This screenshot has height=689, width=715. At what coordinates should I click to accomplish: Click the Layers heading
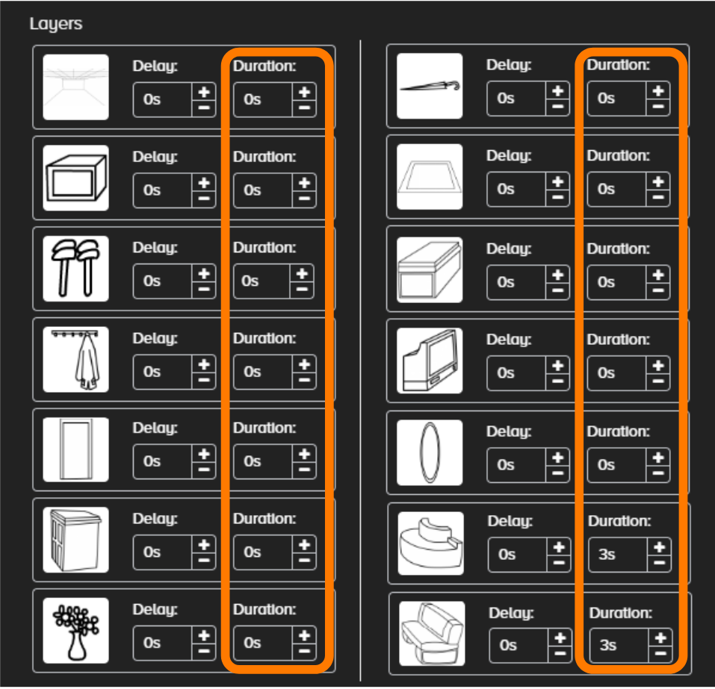click(x=55, y=24)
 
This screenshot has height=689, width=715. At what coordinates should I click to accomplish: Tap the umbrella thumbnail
click(x=430, y=86)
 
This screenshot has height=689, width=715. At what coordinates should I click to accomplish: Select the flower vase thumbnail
click(x=75, y=630)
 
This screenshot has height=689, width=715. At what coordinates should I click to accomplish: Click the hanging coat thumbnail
click(x=75, y=359)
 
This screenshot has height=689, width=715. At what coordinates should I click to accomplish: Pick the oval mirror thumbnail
click(x=430, y=452)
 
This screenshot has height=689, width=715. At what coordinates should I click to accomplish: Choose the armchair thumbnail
click(x=432, y=634)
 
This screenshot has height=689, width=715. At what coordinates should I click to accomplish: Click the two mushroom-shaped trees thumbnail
click(x=75, y=269)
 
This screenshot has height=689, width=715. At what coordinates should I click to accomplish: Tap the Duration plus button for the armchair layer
click(x=660, y=638)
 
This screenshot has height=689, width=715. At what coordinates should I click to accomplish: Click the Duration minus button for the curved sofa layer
click(x=660, y=564)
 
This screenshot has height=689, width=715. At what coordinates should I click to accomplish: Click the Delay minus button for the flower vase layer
click(x=204, y=651)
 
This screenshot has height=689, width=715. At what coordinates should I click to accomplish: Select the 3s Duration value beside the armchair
click(x=608, y=645)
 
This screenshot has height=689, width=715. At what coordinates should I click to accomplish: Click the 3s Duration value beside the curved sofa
click(x=607, y=555)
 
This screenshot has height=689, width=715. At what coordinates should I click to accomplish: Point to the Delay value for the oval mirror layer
click(x=506, y=465)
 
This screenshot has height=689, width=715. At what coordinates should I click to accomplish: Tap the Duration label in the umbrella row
click(x=619, y=65)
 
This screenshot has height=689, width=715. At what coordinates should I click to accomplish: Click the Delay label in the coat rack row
click(x=155, y=339)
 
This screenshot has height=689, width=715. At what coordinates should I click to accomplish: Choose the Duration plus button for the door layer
click(x=304, y=454)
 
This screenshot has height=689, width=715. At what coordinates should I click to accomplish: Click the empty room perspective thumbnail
click(x=75, y=87)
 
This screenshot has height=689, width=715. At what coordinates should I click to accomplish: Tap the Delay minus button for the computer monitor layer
click(x=557, y=381)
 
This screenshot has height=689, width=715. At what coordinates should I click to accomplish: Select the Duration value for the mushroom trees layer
click(x=250, y=281)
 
